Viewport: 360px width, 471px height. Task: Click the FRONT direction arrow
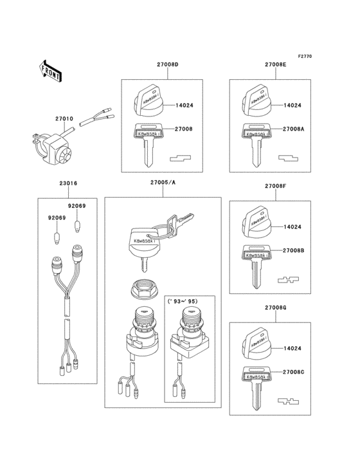(x=51, y=71)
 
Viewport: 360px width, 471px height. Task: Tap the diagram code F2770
(x=305, y=57)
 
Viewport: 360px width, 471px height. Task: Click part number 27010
(x=64, y=119)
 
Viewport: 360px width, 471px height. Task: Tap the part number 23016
(x=68, y=183)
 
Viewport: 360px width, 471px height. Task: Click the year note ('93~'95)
(x=186, y=301)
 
